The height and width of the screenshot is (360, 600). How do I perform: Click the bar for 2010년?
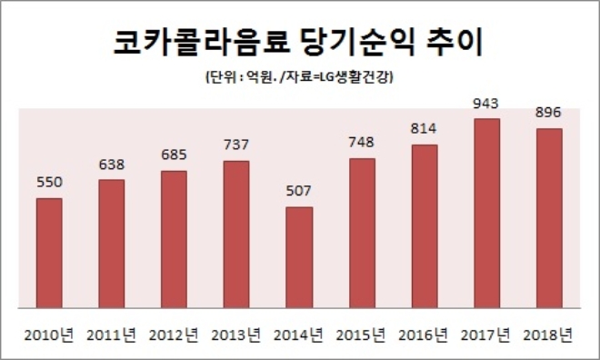click(49, 253)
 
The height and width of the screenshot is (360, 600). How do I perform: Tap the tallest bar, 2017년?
click(486, 214)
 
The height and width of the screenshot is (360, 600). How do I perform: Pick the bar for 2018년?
click(549, 218)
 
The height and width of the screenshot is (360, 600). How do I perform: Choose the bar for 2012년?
click(174, 239)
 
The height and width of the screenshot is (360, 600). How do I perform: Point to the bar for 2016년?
click(424, 226)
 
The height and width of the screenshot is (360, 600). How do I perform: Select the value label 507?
click(299, 192)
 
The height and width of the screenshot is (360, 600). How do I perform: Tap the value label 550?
click(49, 182)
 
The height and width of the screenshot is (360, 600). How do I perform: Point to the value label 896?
click(549, 113)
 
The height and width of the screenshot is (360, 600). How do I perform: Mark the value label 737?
click(236, 145)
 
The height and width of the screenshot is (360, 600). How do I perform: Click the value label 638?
click(112, 165)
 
